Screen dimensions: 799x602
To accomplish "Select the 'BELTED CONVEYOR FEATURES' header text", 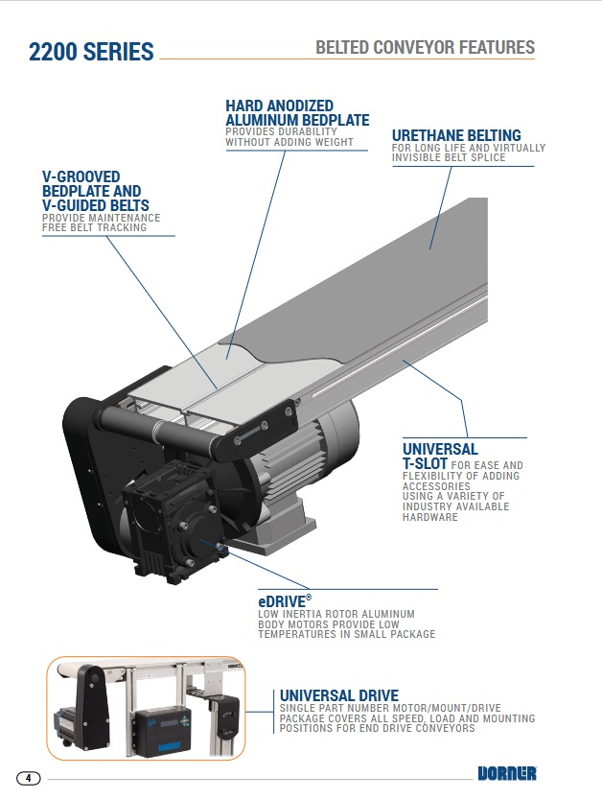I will pos(425,47).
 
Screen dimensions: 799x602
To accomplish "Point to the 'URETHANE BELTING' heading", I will pos(456,135).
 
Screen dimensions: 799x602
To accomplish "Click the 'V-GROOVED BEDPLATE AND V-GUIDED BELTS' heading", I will pos(96,192).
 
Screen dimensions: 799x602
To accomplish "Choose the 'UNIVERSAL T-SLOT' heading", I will pos(440,457).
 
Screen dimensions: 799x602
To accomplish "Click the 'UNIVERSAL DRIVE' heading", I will pos(338,695).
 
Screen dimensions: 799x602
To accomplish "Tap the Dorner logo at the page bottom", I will pos(506,774).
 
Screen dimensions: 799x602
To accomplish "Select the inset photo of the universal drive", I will pos(146,708).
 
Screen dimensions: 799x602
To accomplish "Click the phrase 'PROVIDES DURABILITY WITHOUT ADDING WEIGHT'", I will pos(289,136).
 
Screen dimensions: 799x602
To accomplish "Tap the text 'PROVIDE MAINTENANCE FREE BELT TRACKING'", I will pos(102,223).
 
